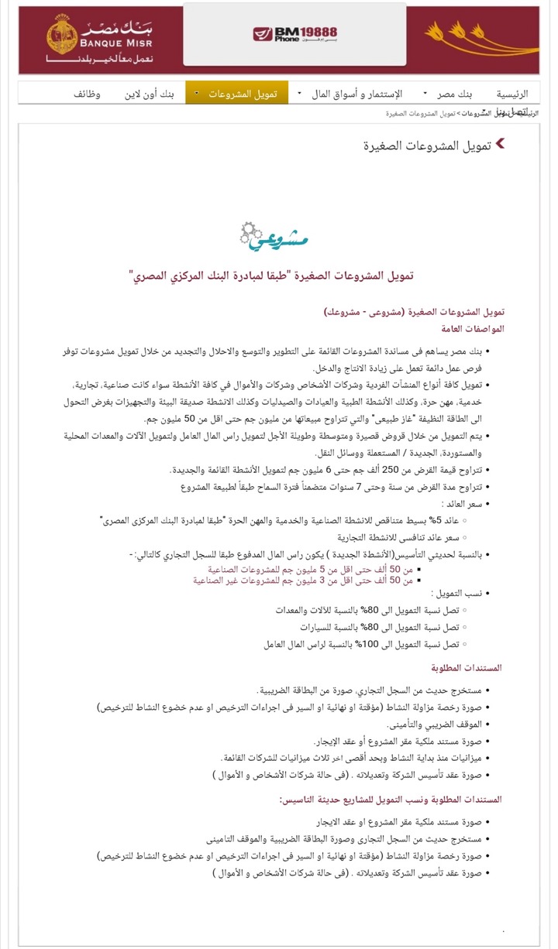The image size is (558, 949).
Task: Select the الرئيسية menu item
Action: pyautogui.click(x=511, y=94)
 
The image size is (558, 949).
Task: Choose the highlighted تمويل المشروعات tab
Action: pyautogui.click(x=243, y=94)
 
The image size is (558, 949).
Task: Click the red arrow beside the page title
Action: pyautogui.click(x=500, y=143)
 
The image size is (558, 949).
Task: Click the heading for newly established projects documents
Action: pyautogui.click(x=391, y=798)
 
